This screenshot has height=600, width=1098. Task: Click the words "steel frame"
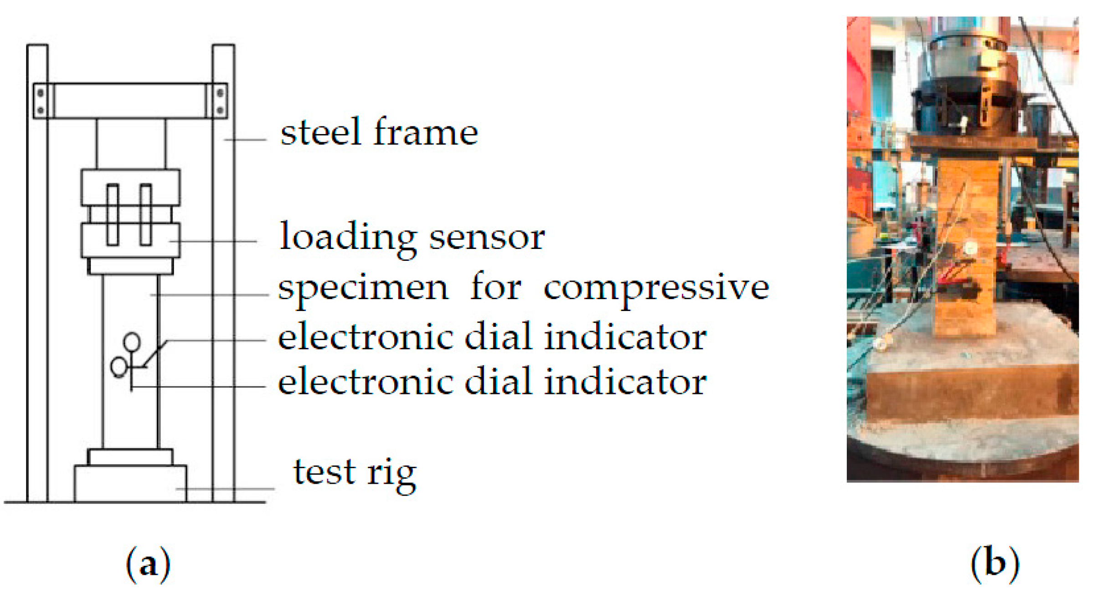pyautogui.click(x=379, y=132)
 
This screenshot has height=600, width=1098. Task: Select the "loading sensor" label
pyautogui.click(x=412, y=237)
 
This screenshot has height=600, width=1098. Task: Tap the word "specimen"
pyautogui.click(x=363, y=288)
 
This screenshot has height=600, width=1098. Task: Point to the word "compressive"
pyautogui.click(x=656, y=288)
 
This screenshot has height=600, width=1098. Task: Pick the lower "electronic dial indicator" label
pyautogui.click(x=492, y=382)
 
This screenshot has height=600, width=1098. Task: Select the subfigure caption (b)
pyautogui.click(x=994, y=564)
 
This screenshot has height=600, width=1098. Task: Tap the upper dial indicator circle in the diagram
pyautogui.click(x=132, y=342)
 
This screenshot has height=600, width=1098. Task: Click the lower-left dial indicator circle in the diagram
pyautogui.click(x=119, y=367)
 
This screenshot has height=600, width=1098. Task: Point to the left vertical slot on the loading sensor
pyautogui.click(x=113, y=214)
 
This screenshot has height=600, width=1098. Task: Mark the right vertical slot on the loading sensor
pyautogui.click(x=146, y=214)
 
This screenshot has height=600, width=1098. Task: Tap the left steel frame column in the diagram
pyautogui.click(x=37, y=274)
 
